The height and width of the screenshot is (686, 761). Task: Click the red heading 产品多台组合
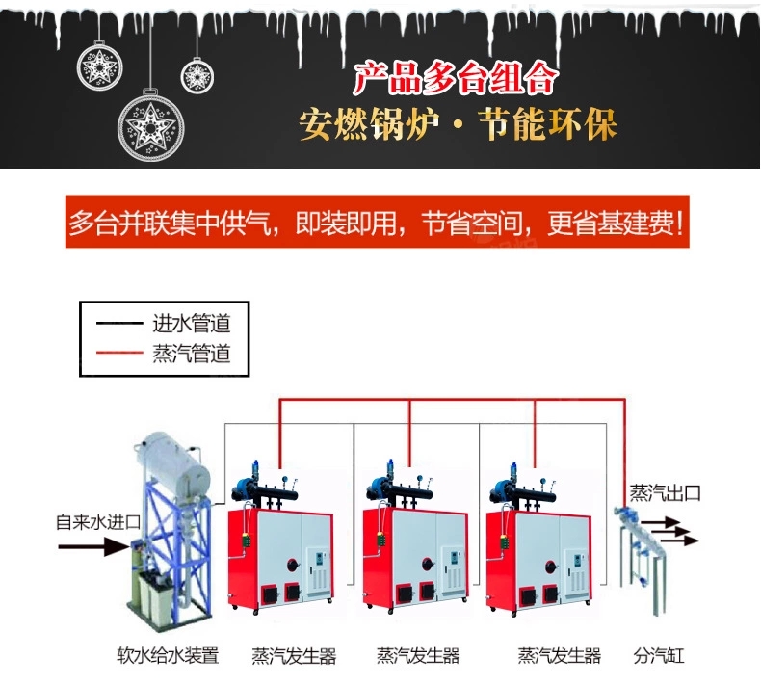[455, 78]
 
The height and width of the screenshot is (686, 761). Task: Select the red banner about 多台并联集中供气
[380, 223]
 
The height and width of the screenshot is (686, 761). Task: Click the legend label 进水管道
[191, 323]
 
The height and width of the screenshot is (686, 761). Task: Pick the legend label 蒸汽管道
[191, 354]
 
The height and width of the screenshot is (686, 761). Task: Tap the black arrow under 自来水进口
[92, 546]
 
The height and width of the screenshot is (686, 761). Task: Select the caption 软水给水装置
[168, 657]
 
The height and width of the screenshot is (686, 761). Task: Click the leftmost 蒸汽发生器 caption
[294, 657]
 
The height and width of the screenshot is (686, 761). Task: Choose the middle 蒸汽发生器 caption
[418, 657]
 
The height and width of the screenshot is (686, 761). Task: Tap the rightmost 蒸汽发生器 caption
[559, 657]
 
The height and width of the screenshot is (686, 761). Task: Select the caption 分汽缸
[660, 657]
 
